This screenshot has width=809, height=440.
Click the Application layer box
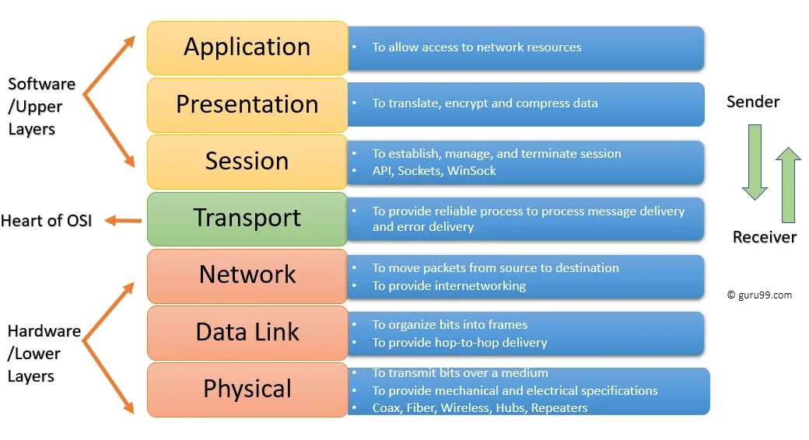(247, 47)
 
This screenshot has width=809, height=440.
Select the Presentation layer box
(247, 104)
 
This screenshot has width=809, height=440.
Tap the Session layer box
(247, 162)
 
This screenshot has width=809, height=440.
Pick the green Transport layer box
(247, 218)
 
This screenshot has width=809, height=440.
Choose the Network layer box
(247, 275)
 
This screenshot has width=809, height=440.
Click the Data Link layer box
(247, 333)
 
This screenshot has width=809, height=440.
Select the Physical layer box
(247, 389)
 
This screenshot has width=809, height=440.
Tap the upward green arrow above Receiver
(788, 185)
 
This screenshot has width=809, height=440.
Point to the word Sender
(752, 102)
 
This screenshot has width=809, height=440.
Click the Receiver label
(764, 237)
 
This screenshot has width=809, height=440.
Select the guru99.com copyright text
(759, 295)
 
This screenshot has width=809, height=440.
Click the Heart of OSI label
(46, 221)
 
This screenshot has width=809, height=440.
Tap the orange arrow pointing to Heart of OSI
(123, 221)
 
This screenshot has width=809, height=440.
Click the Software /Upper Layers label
(41, 107)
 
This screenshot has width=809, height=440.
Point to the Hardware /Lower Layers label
(44, 354)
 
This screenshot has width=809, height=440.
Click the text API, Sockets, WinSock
(433, 171)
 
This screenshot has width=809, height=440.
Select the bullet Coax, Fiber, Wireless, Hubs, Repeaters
(479, 408)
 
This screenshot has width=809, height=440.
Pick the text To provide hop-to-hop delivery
(459, 343)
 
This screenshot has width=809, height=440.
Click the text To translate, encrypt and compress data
(485, 103)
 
